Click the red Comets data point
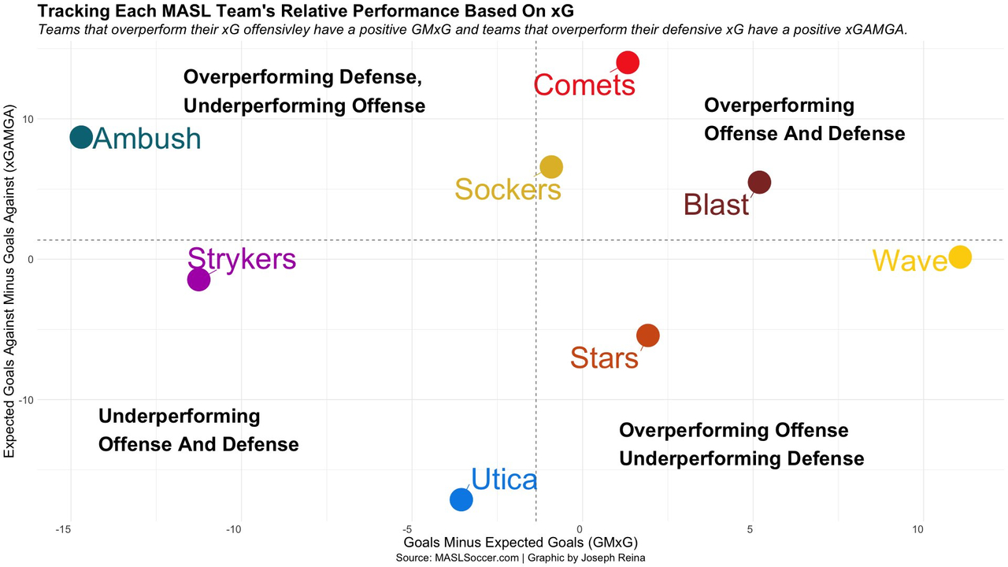tap(628, 62)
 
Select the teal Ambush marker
tap(81, 137)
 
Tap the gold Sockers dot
tap(551, 167)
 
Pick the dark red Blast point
tap(758, 183)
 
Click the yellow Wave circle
tap(959, 257)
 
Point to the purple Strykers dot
tap(198, 280)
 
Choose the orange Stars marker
tap(647, 335)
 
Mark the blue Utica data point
tap(461, 499)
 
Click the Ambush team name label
tap(147, 139)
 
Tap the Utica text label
tap(504, 480)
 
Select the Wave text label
tap(910, 261)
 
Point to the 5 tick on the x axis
tap(751, 530)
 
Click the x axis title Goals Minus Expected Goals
tap(520, 543)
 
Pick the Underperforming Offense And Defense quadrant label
tap(198, 430)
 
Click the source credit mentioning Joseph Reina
tap(520, 558)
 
